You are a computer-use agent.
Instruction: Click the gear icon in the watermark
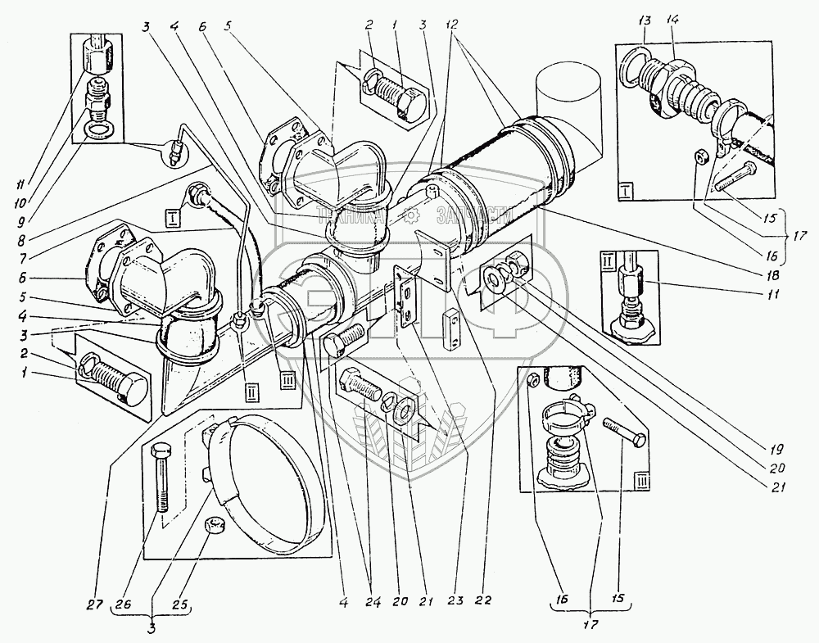(414, 215)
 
